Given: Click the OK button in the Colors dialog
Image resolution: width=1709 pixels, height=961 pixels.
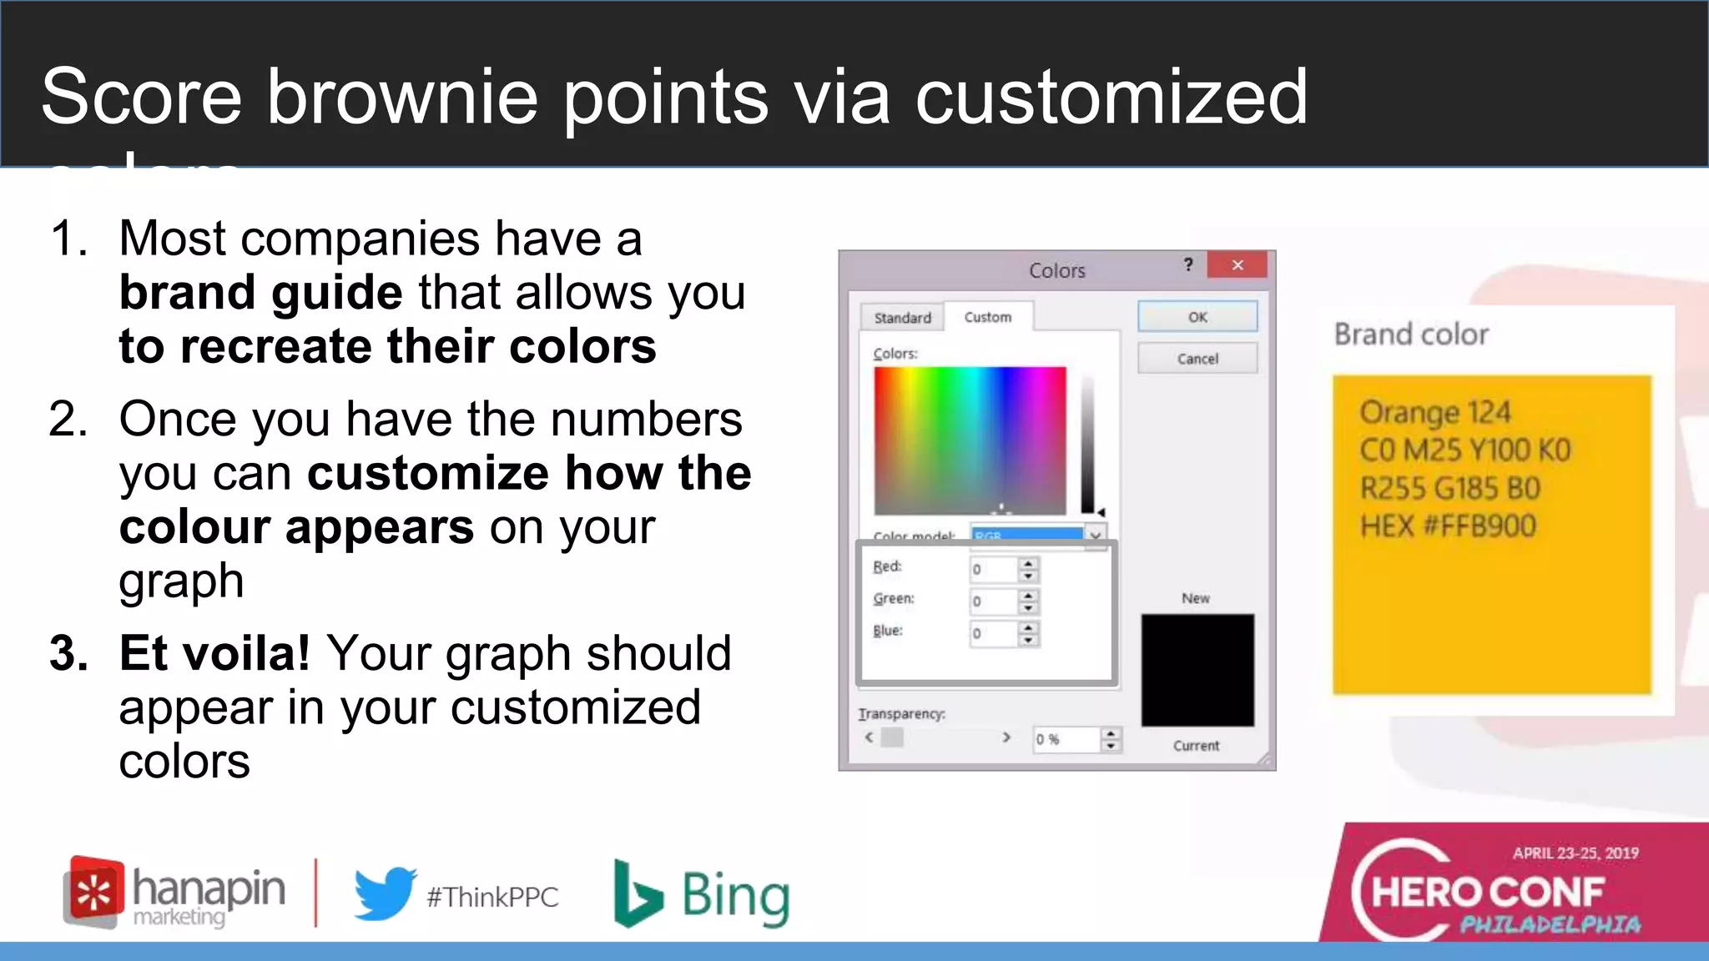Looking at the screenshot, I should click(1197, 317).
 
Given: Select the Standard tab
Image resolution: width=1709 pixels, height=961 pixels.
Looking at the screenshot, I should click(902, 318).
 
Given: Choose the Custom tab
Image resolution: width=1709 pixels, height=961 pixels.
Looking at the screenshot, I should click(988, 317).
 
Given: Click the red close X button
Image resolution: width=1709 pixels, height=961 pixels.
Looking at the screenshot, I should click(1238, 265).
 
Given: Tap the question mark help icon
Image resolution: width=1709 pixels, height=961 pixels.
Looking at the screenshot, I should click(1188, 265).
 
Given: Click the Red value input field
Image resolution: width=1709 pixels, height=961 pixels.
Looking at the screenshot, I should click(993, 570).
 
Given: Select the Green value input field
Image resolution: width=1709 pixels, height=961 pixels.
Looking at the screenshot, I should click(993, 601).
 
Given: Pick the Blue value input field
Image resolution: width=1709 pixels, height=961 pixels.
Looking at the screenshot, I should click(993, 633).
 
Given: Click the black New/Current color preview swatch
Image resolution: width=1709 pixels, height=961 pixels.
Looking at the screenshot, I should click(1197, 670).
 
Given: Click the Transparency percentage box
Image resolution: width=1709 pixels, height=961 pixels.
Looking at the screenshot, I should click(1066, 739).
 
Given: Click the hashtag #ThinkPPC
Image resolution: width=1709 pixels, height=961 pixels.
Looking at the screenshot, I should click(492, 897).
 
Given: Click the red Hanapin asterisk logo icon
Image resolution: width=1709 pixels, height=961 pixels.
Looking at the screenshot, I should click(94, 892).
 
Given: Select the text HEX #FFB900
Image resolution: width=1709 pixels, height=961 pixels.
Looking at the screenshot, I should click(1448, 526).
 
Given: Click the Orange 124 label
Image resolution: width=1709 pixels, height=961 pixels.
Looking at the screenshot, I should click(1434, 412).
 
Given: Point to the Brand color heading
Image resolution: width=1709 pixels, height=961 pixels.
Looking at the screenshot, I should click(1411, 335).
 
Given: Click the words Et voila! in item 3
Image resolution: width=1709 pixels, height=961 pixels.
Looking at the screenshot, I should click(214, 653).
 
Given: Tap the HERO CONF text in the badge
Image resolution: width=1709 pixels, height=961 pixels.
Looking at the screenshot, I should click(1488, 893).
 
